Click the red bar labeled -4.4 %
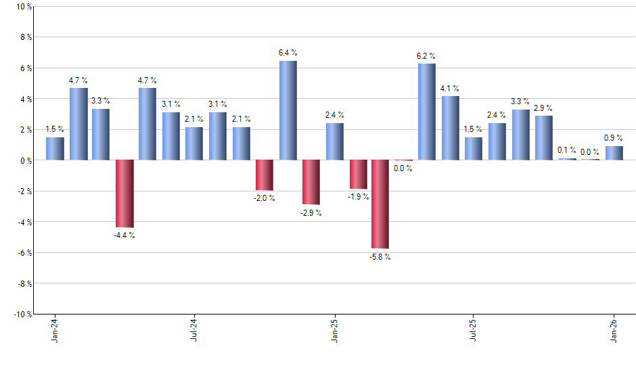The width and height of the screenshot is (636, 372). pyautogui.click(x=124, y=193)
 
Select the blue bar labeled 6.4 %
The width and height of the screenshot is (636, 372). pyautogui.click(x=288, y=110)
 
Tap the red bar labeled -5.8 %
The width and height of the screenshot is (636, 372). pyautogui.click(x=380, y=204)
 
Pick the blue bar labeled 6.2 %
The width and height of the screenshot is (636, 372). pyautogui.click(x=427, y=112)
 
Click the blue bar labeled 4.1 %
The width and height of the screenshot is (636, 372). pyautogui.click(x=451, y=128)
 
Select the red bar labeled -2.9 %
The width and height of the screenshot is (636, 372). pyautogui.click(x=311, y=182)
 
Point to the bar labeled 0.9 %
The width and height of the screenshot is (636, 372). pyautogui.click(x=614, y=153)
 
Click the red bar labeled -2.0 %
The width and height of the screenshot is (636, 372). pyautogui.click(x=265, y=175)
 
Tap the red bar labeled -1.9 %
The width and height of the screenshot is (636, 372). pyautogui.click(x=358, y=175)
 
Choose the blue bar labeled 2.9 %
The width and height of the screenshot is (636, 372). pyautogui.click(x=543, y=138)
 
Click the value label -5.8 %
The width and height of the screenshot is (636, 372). pyautogui.click(x=380, y=257)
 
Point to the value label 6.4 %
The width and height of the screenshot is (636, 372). pyautogui.click(x=288, y=53)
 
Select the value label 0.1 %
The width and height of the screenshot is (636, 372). pyautogui.click(x=567, y=150)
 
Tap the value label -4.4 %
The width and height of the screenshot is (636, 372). pyautogui.click(x=124, y=235)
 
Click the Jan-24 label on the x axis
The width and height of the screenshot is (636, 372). pyautogui.click(x=54, y=331)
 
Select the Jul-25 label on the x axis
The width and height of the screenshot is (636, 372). pyautogui.click(x=473, y=331)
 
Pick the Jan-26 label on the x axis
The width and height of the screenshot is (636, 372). pyautogui.click(x=614, y=331)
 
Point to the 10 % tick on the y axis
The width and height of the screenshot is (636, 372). pyautogui.click(x=24, y=7)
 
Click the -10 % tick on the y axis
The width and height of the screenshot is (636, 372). pyautogui.click(x=22, y=314)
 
